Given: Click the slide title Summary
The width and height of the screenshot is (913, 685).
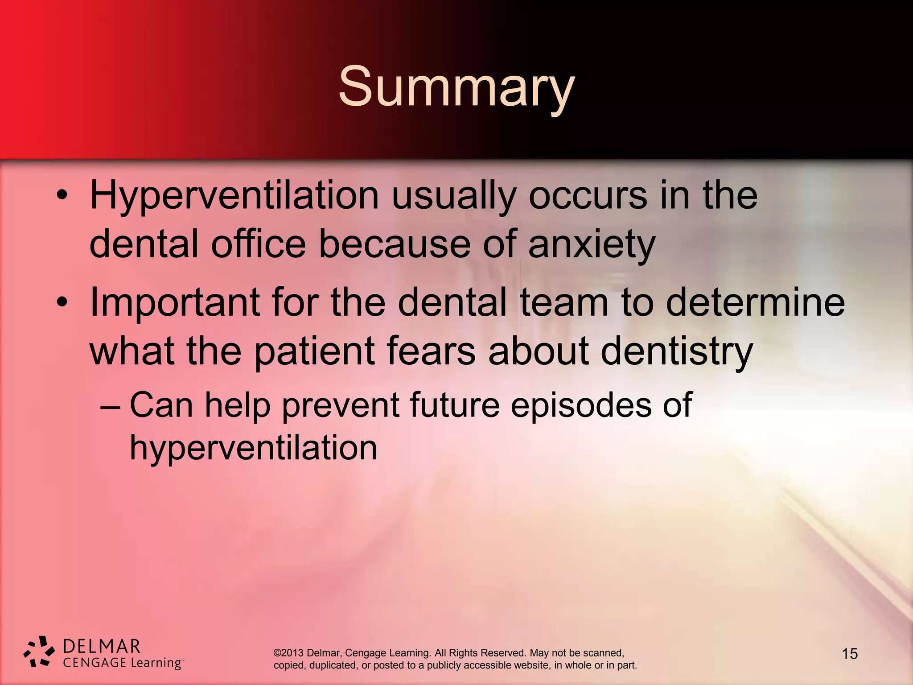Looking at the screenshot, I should (x=456, y=87).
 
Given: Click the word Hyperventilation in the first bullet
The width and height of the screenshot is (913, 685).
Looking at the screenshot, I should (x=234, y=196).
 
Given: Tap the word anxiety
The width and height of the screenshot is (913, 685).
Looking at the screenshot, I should (x=592, y=245).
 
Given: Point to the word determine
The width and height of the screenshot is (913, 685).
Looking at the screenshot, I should (x=755, y=302).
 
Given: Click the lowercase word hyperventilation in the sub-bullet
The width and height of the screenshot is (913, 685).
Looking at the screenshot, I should (x=253, y=448).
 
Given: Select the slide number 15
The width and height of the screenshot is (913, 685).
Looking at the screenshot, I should (x=850, y=654).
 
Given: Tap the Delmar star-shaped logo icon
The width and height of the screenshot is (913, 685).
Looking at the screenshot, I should (x=39, y=652).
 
